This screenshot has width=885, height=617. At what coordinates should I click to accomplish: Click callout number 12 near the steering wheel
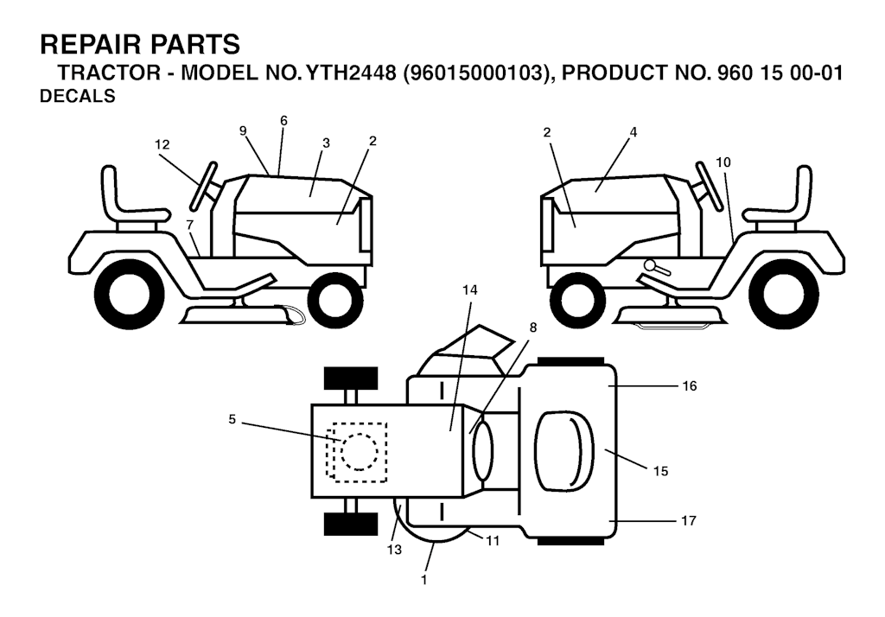[x=162, y=144]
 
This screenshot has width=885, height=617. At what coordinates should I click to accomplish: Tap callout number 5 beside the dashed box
[x=232, y=419]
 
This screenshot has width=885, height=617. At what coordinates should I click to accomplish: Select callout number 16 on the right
[x=689, y=386]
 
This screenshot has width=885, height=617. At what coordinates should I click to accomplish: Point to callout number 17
[x=689, y=520]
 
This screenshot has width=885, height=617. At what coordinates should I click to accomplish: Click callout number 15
[x=660, y=471]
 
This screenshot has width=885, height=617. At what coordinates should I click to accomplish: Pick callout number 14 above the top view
[x=469, y=290]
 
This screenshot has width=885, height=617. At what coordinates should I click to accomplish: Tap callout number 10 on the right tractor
[x=723, y=162]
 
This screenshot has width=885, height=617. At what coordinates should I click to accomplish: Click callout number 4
[x=634, y=132]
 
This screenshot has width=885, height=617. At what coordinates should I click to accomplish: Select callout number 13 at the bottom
[x=394, y=550]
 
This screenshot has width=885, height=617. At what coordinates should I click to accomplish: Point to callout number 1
[x=423, y=580]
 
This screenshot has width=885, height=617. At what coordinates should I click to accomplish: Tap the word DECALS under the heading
[x=77, y=97]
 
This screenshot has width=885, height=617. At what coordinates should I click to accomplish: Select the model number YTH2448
[x=351, y=73]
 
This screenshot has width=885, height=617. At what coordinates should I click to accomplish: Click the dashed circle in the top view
[x=359, y=451]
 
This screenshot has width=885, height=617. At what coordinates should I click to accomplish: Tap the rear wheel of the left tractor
[x=130, y=294]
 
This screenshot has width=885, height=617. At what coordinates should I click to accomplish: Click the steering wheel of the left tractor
[x=204, y=185]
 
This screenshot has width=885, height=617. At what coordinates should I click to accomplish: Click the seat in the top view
[x=563, y=450]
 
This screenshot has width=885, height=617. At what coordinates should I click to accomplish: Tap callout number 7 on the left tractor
[x=189, y=226]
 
